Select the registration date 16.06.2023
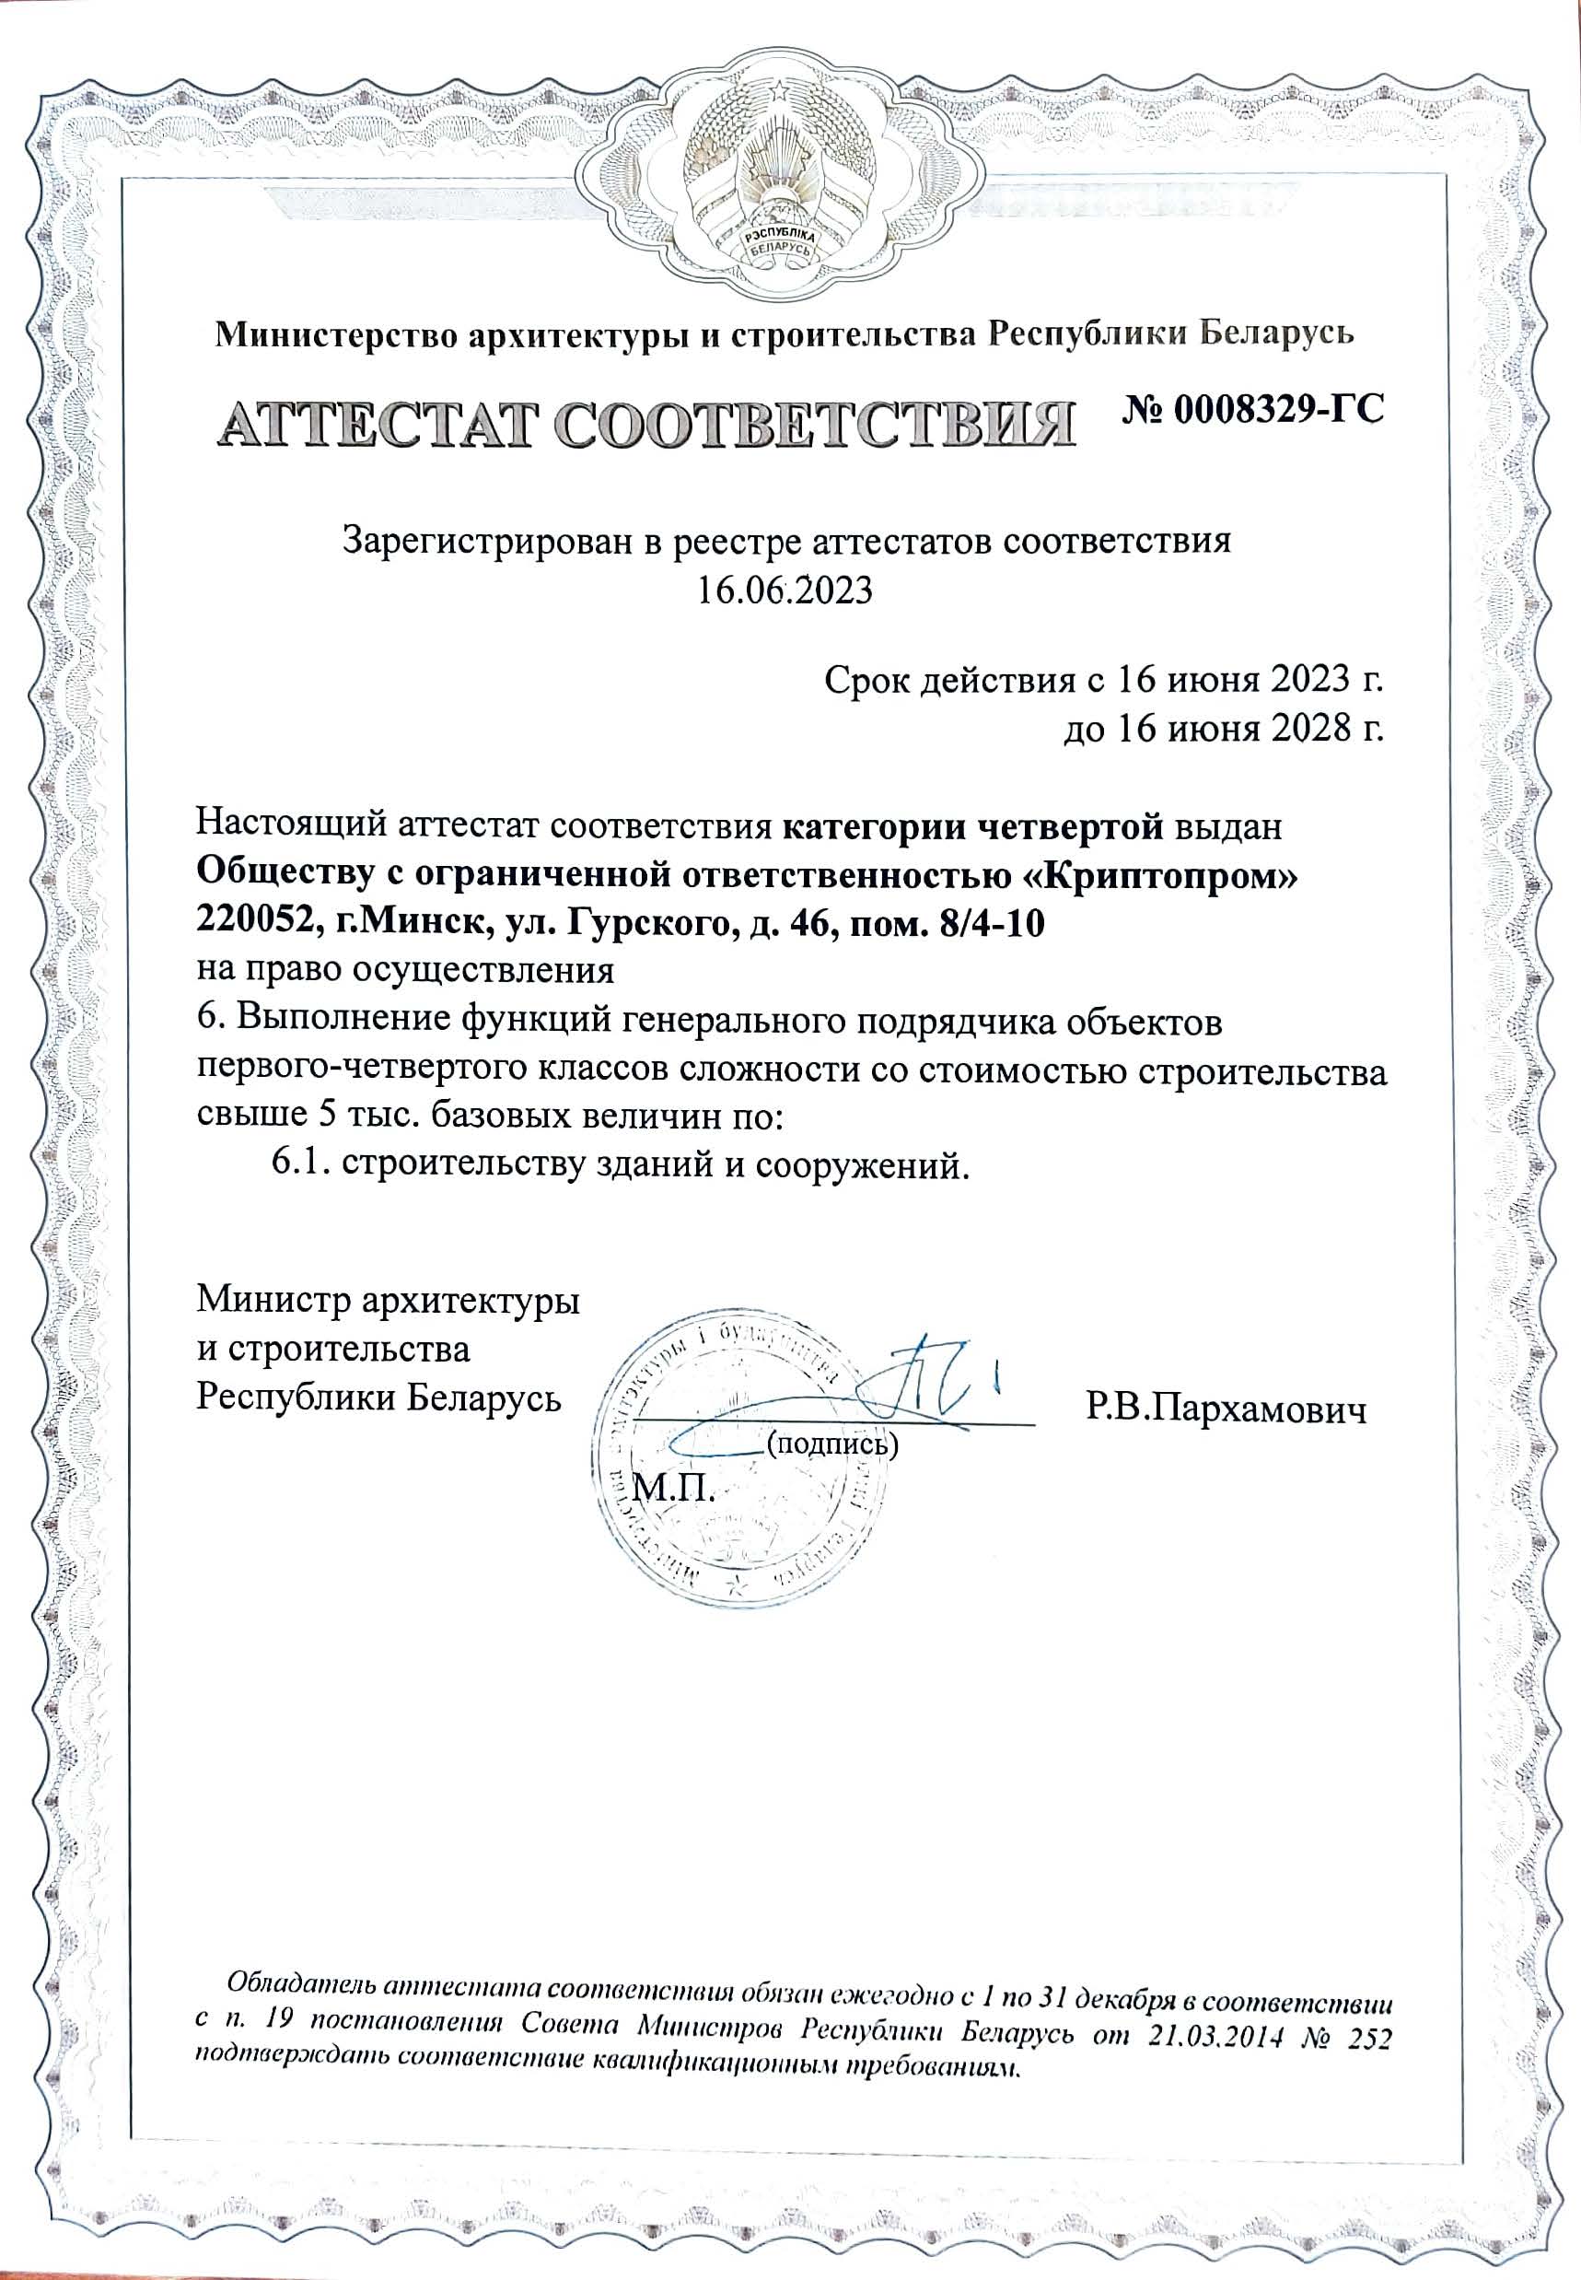pyautogui.click(x=785, y=590)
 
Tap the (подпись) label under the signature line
pyautogui.click(x=833, y=1444)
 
